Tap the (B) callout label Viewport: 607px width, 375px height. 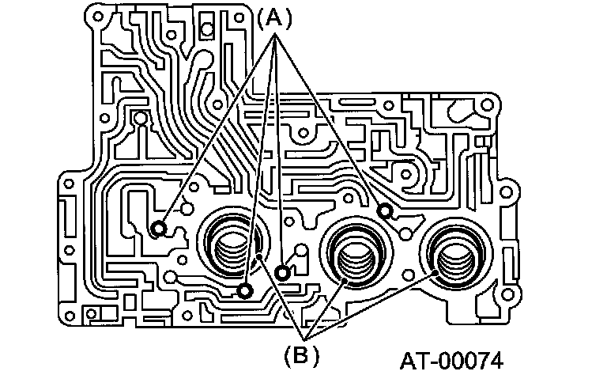click(x=300, y=354)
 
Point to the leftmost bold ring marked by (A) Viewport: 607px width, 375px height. click(x=159, y=229)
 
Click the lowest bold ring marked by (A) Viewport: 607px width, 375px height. click(x=246, y=291)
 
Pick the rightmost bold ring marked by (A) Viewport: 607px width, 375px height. click(x=385, y=210)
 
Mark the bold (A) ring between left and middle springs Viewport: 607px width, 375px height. click(x=281, y=272)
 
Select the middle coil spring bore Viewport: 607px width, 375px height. click(x=353, y=253)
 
